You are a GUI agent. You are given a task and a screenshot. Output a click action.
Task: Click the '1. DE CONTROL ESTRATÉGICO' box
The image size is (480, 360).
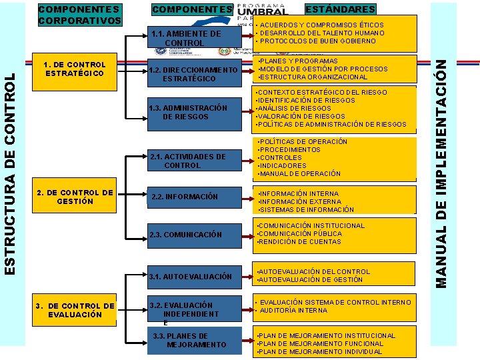coord(73,69)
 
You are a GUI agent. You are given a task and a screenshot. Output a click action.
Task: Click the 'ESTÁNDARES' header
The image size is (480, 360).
coord(341,9)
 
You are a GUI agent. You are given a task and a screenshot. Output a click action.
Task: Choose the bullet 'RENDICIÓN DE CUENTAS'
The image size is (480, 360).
coord(300,242)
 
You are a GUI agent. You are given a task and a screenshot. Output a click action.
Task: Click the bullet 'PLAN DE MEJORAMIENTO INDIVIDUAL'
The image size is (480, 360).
coord(319,352)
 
